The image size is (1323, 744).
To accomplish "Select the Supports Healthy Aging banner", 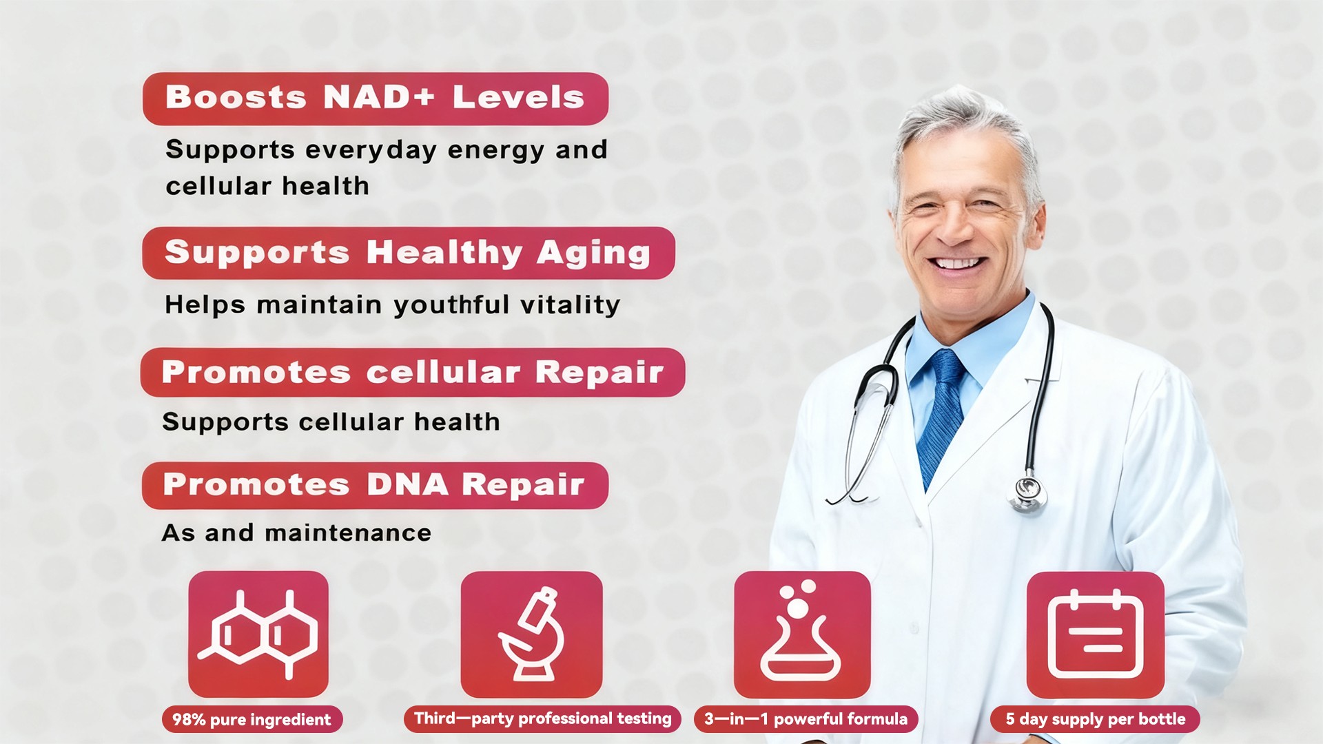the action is coord(409,253).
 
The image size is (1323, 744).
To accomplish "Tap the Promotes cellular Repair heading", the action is coord(413,372).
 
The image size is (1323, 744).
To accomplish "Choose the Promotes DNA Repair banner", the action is coord(375,486).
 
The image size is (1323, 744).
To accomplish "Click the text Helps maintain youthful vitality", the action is coord(393,305).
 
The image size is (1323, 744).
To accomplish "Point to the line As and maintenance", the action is coord(297,533).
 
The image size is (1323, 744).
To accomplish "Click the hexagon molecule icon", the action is coord(258,634).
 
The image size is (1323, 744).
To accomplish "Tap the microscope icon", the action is coord(531,634).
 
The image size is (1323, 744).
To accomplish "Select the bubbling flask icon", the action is coord(802,634).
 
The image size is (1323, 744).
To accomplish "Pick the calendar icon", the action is coord(1096,634).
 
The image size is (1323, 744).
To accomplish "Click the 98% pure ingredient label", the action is coord(252,719).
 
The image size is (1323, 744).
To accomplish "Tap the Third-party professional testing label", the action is coord(542,719).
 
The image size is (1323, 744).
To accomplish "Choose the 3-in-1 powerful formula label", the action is coord(806,719).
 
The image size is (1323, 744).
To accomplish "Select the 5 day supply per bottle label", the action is coord(1096,719).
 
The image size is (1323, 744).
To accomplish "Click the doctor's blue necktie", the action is coord(942,413).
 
